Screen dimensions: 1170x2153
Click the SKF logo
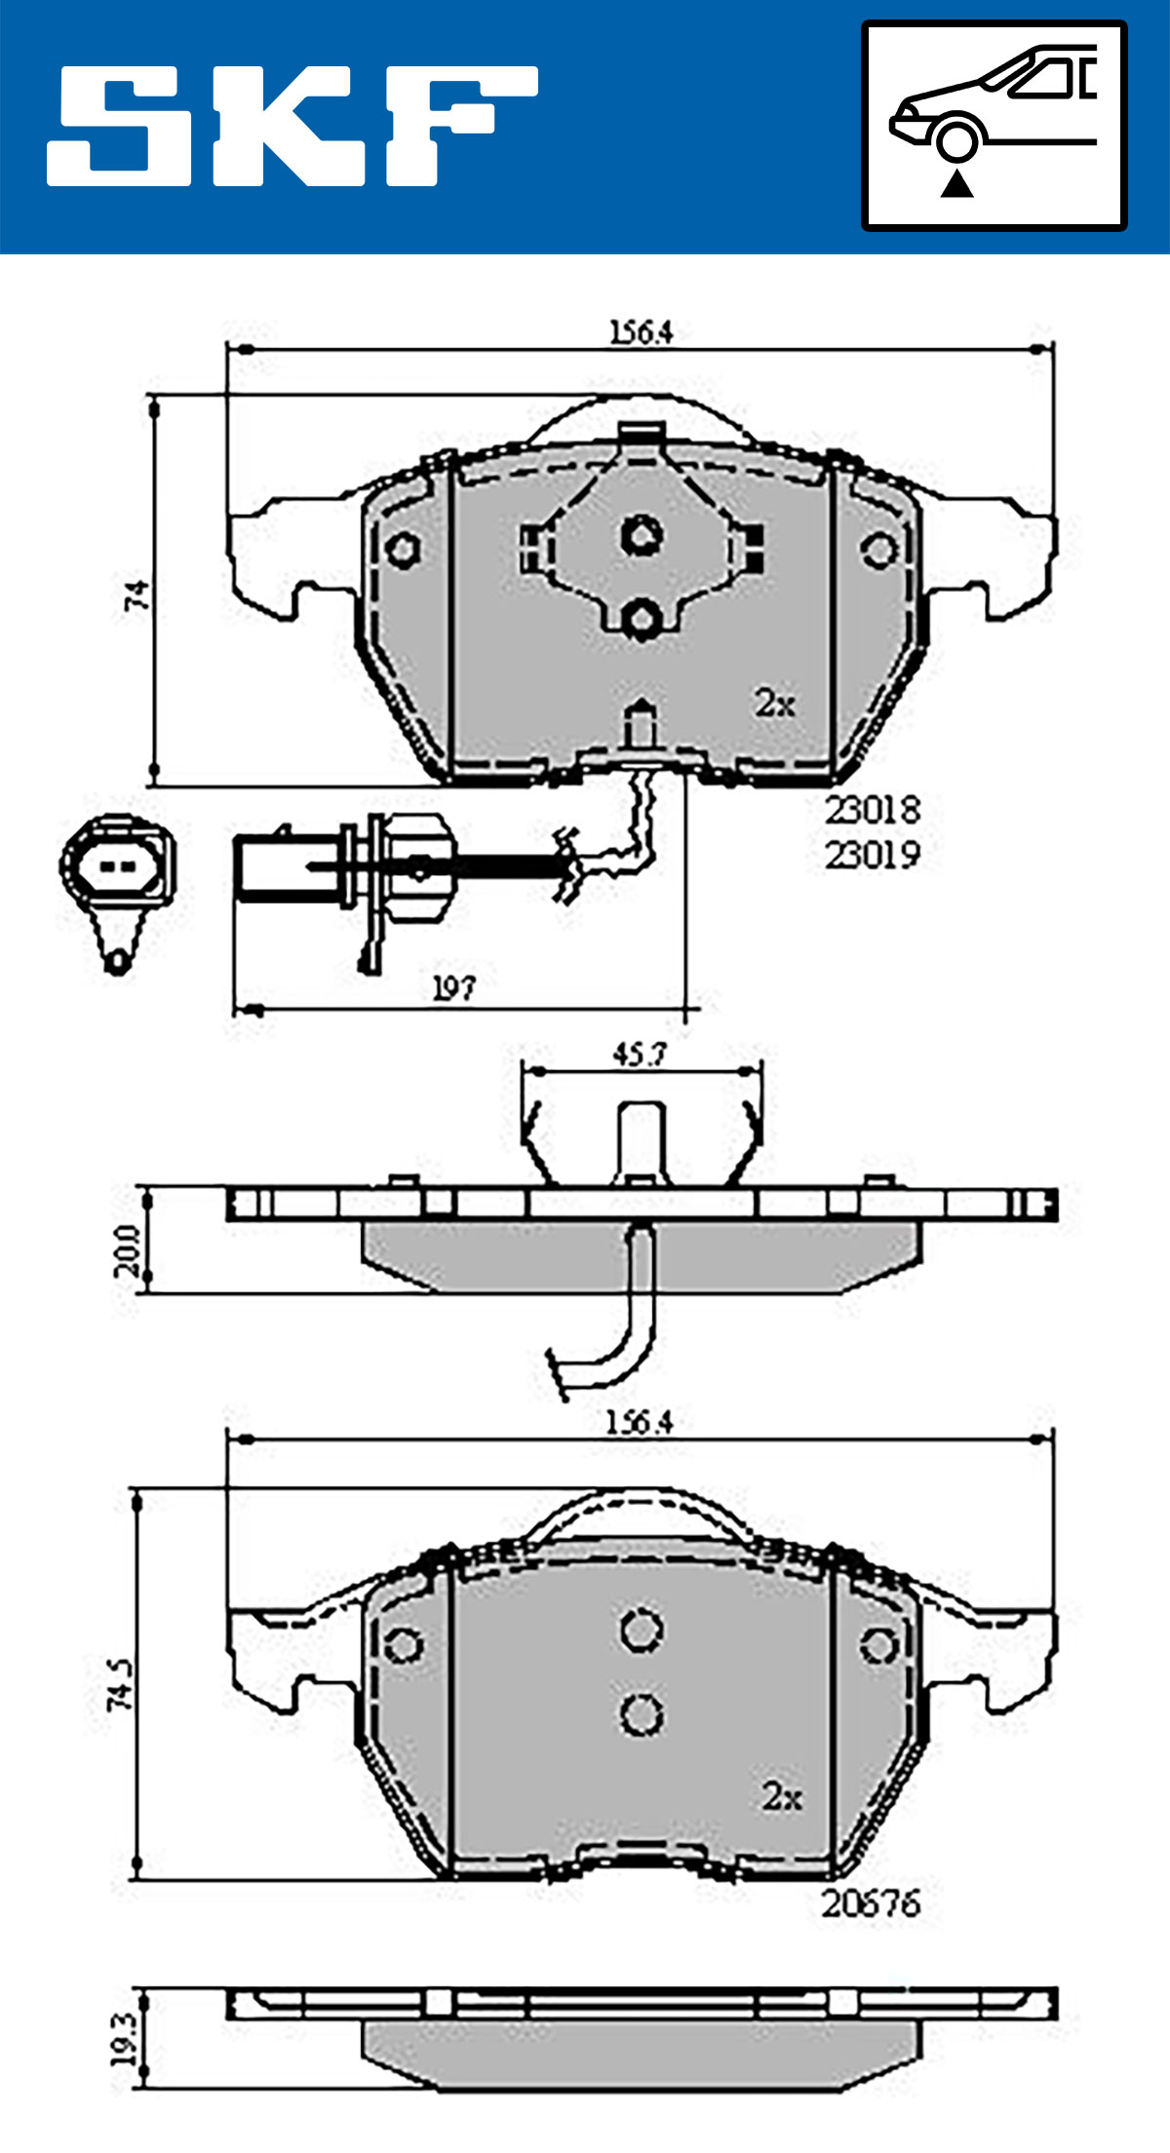click(x=292, y=126)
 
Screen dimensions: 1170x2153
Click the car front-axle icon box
click(x=994, y=126)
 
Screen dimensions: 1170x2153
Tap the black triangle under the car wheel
click(x=956, y=183)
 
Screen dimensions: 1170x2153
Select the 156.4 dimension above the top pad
click(x=641, y=332)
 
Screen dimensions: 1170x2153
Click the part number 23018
click(x=872, y=809)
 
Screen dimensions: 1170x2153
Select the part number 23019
click(x=872, y=855)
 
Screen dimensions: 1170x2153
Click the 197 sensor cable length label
click(x=454, y=987)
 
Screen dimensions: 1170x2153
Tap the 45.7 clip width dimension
click(x=639, y=1055)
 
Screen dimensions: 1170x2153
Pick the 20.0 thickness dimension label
click(x=128, y=1250)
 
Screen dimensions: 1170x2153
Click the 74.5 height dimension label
click(x=122, y=1683)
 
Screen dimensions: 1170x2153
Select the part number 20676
click(x=871, y=1903)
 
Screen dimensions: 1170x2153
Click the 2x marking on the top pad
click(x=775, y=702)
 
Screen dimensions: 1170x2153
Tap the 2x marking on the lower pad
click(x=782, y=1795)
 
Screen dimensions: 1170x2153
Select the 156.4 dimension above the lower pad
click(x=639, y=1423)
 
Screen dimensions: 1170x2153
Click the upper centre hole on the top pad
click(x=642, y=534)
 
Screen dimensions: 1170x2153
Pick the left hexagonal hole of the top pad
click(x=401, y=549)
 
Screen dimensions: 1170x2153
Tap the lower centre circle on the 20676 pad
click(x=642, y=1714)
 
